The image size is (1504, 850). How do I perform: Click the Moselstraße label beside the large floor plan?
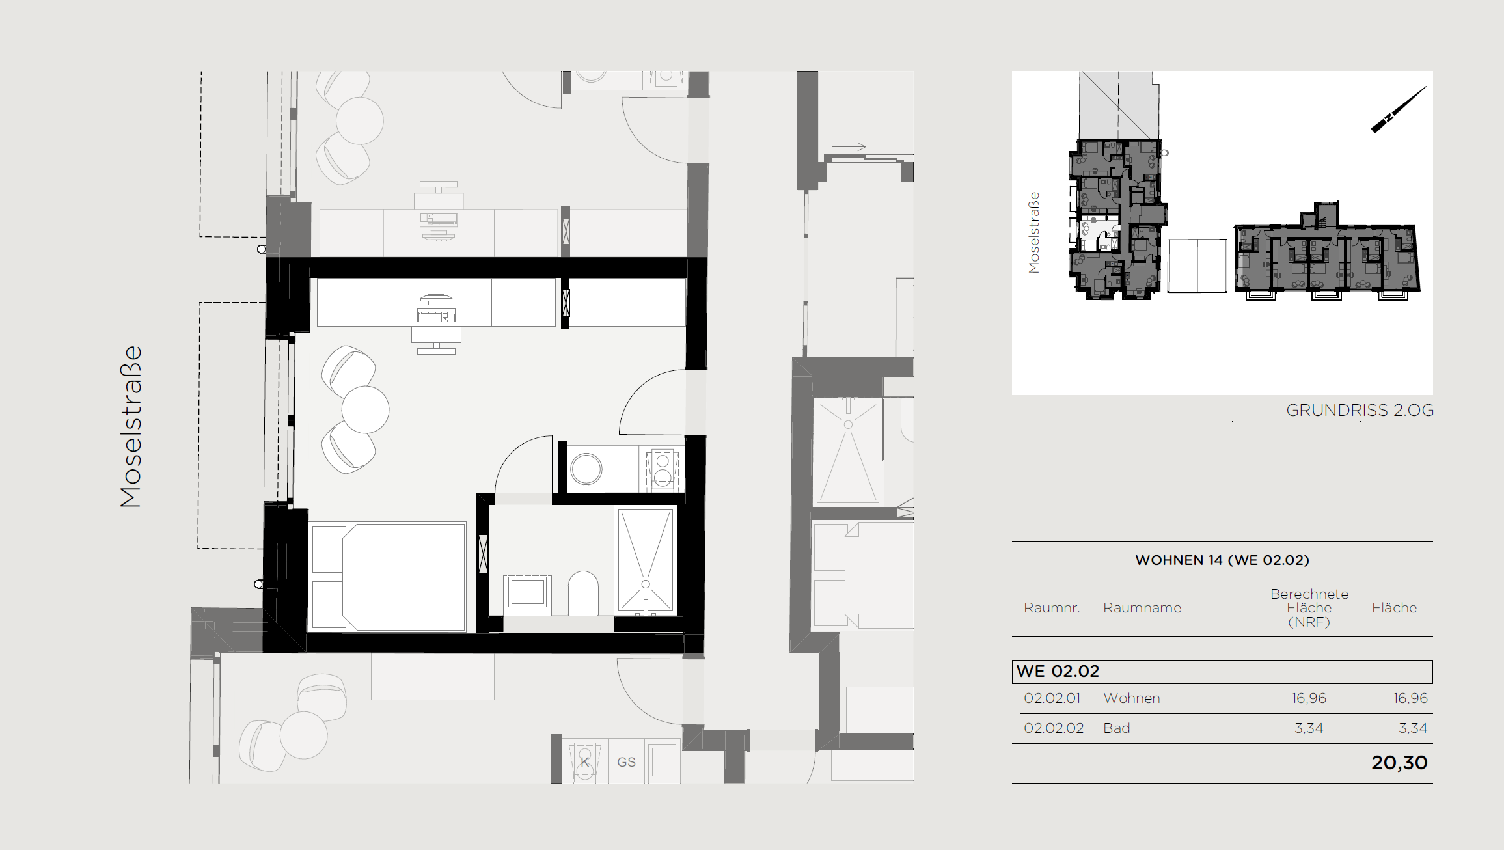(x=131, y=426)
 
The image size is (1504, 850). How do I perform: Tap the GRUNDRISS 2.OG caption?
(x=1360, y=410)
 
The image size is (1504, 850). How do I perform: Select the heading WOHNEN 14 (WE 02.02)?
(x=1222, y=560)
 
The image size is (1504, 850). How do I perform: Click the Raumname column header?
(x=1142, y=608)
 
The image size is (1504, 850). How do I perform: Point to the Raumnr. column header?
(x=1052, y=608)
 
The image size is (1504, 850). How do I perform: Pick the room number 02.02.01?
(x=1052, y=698)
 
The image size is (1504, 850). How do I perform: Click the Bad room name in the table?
(x=1117, y=728)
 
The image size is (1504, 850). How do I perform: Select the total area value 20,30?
(x=1399, y=762)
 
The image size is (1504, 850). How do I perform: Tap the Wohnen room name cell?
(x=1132, y=698)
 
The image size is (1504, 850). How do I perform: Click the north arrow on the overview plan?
(x=1399, y=109)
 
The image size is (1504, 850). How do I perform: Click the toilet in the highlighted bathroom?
(x=583, y=593)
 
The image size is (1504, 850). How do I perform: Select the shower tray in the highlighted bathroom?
(x=646, y=561)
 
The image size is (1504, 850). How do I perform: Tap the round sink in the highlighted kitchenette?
(x=586, y=469)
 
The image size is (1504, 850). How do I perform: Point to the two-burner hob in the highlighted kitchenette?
(x=663, y=469)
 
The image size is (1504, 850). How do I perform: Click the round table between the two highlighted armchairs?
(x=365, y=409)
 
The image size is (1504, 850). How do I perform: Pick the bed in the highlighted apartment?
(x=389, y=577)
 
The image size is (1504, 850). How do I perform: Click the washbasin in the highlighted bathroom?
(x=527, y=592)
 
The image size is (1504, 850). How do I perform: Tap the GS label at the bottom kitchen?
(x=627, y=762)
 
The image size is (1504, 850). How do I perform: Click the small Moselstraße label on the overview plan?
(x=1033, y=232)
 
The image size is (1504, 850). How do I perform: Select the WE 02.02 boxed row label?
(x=1058, y=671)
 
